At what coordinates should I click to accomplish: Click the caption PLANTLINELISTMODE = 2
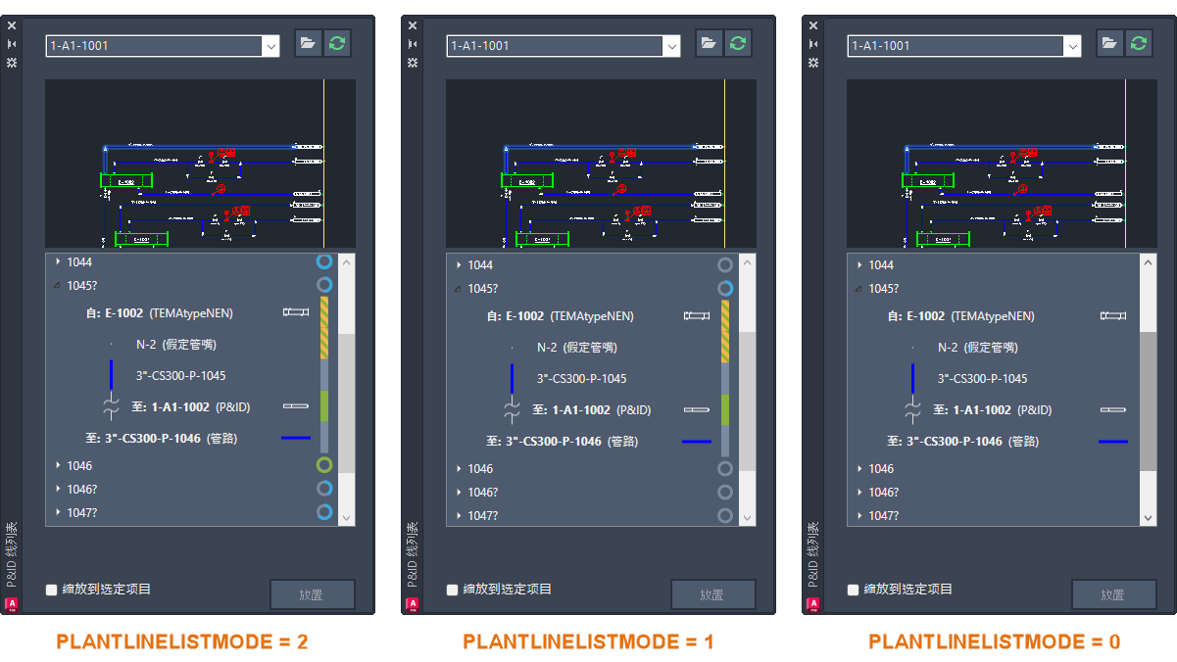(x=181, y=641)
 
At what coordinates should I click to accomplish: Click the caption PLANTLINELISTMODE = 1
(x=588, y=641)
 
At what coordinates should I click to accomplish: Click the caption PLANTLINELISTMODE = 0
(x=994, y=641)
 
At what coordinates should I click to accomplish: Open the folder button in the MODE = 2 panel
(x=308, y=44)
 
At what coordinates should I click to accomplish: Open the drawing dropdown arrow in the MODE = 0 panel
(x=1072, y=46)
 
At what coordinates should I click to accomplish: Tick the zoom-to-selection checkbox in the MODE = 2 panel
(x=52, y=590)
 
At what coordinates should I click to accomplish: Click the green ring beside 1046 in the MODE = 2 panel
(x=324, y=465)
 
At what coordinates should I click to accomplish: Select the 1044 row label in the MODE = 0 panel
(x=881, y=265)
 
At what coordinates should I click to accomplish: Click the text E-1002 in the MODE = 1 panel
(x=524, y=316)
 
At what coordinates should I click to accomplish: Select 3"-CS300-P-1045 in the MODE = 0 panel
(x=982, y=379)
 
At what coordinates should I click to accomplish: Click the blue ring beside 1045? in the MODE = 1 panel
(x=725, y=289)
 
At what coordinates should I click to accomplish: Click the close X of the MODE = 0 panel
(x=813, y=26)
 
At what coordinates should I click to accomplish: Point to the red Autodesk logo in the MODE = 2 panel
(x=12, y=604)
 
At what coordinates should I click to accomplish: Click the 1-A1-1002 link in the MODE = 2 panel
(x=180, y=406)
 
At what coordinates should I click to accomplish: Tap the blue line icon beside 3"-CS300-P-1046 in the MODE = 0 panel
(x=1113, y=442)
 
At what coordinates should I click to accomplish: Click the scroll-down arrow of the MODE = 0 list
(x=1149, y=516)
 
